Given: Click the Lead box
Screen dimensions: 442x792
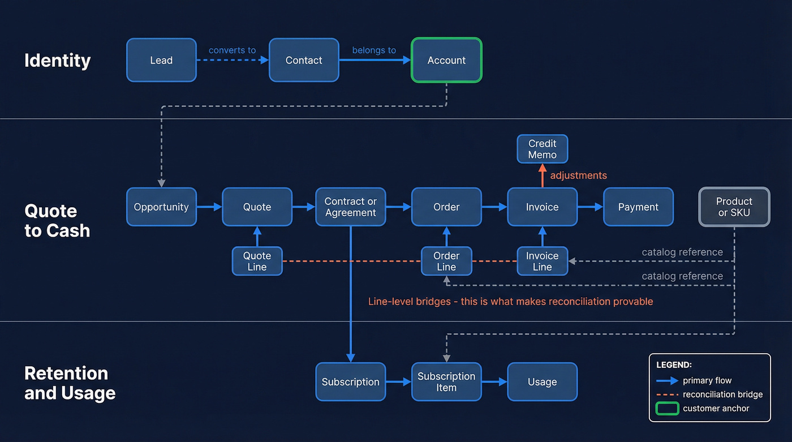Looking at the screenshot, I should click(161, 60).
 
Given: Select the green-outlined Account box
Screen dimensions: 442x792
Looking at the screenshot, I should click(446, 60).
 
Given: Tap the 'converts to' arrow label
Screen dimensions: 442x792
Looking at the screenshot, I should click(232, 50).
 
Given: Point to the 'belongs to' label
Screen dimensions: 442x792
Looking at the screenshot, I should click(374, 50).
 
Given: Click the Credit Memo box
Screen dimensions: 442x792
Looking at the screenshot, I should click(542, 149).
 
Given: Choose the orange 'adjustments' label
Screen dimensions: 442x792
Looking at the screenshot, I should click(578, 175).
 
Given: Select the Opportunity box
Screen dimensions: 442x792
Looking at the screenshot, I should click(161, 207).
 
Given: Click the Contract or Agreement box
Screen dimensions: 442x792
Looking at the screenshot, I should click(350, 207).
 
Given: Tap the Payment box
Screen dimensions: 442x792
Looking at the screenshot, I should click(638, 207).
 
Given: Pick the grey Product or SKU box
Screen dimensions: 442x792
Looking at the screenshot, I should click(734, 207).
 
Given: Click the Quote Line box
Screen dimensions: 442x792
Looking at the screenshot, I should click(257, 261).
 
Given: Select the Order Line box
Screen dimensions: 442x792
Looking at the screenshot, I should click(446, 261).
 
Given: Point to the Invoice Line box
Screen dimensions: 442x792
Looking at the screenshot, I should click(542, 261).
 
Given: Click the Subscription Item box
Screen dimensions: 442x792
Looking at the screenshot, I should click(446, 381).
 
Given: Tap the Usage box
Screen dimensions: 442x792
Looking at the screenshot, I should click(542, 381).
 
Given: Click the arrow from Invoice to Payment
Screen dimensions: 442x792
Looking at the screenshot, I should click(590, 207).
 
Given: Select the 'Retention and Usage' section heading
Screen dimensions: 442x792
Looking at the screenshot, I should click(70, 383).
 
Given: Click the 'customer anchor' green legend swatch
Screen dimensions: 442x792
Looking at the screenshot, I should click(666, 408).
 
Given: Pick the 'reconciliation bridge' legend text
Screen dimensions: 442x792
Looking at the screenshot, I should click(722, 394).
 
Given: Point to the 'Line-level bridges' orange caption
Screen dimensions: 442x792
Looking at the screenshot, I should click(510, 302).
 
